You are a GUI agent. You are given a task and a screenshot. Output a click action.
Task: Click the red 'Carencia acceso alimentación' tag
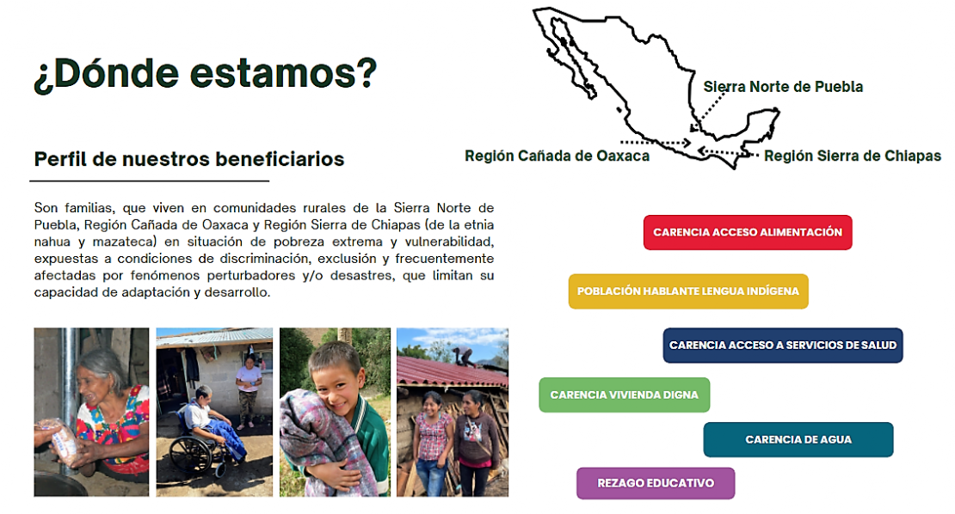(x=748, y=232)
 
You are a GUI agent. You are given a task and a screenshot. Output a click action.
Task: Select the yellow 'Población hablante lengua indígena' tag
(x=688, y=291)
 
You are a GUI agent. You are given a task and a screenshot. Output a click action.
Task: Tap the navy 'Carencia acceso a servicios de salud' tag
(x=783, y=346)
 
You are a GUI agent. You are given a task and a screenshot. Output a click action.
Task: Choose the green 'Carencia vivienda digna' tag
(x=625, y=395)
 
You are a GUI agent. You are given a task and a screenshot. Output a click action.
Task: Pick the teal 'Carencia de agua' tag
(x=798, y=440)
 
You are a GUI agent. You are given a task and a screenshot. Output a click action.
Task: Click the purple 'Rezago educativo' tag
(x=656, y=484)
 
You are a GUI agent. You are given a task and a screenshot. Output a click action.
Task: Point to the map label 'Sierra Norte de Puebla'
(x=783, y=86)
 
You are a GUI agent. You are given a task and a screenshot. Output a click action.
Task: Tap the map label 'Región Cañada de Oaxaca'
(x=557, y=156)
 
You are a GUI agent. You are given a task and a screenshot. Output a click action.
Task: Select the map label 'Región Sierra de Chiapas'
(x=853, y=156)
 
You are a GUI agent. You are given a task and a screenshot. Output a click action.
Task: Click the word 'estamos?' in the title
(x=284, y=73)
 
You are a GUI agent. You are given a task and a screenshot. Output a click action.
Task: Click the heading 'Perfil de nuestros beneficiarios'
(x=188, y=159)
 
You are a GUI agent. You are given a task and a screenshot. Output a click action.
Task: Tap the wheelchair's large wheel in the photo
(x=191, y=456)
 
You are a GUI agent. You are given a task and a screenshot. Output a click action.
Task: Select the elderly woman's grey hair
(x=102, y=366)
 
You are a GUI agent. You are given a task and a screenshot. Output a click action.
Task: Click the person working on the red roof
(x=465, y=356)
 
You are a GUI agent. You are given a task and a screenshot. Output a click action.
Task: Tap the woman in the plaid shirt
(x=433, y=443)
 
